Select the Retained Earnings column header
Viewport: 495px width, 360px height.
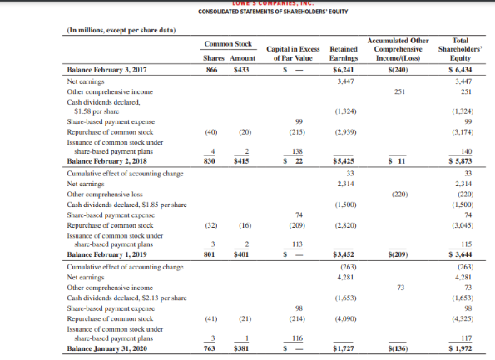344,53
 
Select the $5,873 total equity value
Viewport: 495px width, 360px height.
458,160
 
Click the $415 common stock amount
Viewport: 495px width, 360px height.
244,160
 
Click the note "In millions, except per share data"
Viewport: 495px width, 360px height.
119,32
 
